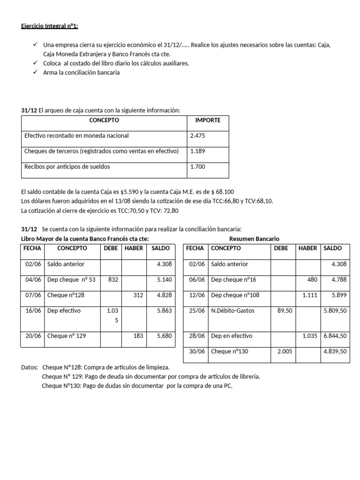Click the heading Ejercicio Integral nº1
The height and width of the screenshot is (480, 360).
coord(50,26)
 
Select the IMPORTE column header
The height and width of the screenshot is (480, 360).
coord(208,120)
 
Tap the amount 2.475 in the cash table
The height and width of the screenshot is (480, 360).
coord(197,136)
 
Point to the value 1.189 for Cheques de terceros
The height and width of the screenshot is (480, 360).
coord(197,151)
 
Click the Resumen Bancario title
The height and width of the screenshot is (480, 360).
coord(254,239)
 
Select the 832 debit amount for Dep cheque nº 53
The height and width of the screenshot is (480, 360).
coord(113,280)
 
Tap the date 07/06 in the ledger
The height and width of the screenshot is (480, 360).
coord(32,295)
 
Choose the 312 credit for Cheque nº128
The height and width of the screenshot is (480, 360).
coord(138,295)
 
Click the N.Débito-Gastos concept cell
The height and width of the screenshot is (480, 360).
coord(232,311)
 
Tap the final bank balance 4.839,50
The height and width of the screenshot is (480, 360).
coord(335,352)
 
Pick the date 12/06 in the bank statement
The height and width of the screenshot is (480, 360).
coord(195,295)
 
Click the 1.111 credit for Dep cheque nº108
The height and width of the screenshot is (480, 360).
coord(310,295)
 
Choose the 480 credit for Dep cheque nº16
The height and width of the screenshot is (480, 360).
coord(313,280)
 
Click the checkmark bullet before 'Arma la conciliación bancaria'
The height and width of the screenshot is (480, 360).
coord(36,73)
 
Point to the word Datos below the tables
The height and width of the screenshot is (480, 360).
coord(30,367)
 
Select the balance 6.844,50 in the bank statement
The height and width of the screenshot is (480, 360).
coord(335,336)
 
